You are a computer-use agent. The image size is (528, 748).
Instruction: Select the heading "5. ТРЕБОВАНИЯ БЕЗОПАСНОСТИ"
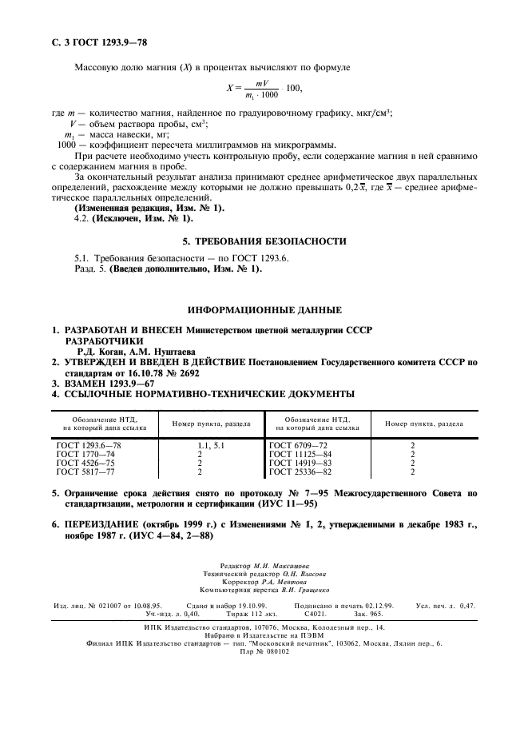[x=265, y=241]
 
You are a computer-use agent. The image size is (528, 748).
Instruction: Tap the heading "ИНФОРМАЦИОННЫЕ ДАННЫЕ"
[x=265, y=309]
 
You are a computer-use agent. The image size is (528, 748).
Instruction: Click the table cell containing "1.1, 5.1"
[x=209, y=443]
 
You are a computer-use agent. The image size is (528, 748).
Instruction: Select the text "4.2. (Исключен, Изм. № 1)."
[x=133, y=217]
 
